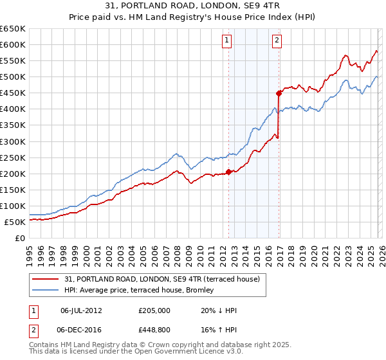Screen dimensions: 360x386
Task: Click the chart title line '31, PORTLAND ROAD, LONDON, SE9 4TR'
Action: pyautogui.click(x=193, y=6)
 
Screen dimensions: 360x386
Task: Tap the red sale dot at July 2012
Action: pyautogui.click(x=228, y=172)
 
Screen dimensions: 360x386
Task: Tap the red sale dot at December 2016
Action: pyautogui.click(x=279, y=93)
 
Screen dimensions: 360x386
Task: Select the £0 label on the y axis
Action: pyautogui.click(x=19, y=238)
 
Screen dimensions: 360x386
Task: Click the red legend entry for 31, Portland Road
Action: pyautogui.click(x=161, y=279)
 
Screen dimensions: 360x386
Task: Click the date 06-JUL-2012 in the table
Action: pyautogui.click(x=81, y=310)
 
